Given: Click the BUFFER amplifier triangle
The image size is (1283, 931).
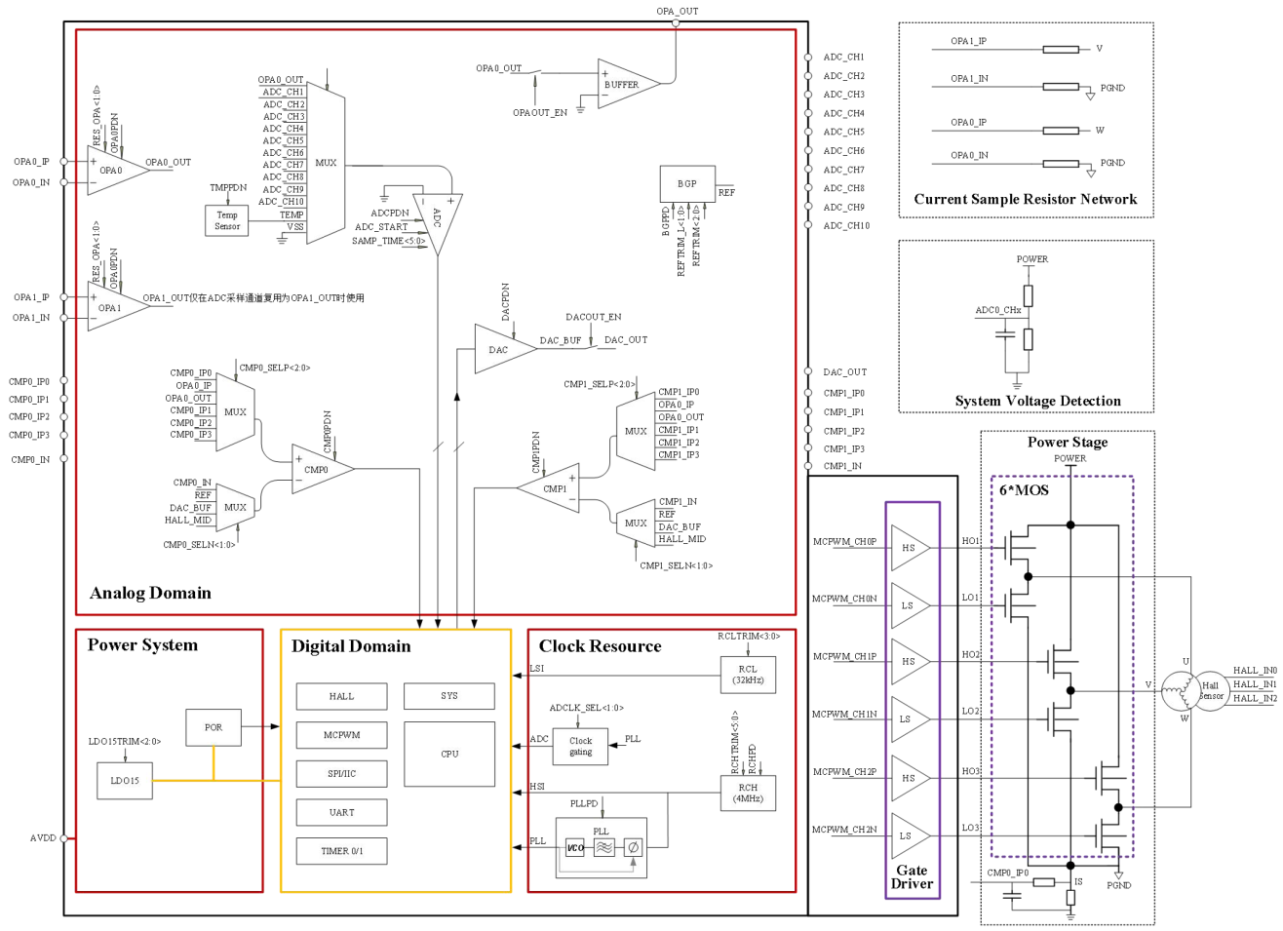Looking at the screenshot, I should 624,85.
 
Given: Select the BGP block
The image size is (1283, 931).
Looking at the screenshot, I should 687,183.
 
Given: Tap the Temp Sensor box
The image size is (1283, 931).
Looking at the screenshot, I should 227,221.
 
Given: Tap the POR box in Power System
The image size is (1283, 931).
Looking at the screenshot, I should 214,727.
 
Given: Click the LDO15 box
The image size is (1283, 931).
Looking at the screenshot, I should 125,781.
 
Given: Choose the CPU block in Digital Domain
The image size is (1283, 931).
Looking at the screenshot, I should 449,754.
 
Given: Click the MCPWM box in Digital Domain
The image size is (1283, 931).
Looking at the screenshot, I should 341,735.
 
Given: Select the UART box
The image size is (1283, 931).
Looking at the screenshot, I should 341,812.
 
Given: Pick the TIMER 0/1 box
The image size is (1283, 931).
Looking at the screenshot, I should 341,851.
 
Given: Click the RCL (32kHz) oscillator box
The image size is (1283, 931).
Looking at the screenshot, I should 748,675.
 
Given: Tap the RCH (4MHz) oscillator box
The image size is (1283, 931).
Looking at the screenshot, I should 748,793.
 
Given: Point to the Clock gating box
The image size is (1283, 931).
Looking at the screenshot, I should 580,746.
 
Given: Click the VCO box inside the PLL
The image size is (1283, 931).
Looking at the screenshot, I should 575,847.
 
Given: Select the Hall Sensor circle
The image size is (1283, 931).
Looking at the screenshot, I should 1211,690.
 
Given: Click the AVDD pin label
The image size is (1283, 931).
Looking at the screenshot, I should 43,837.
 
